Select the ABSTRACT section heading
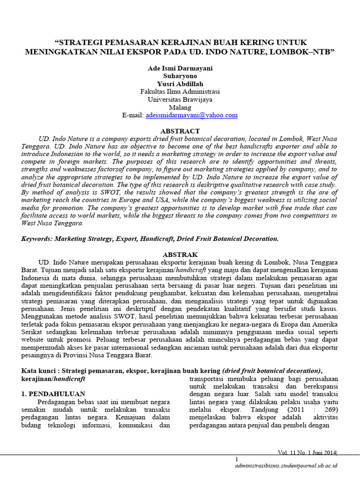[180, 131]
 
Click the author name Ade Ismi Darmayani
[180, 68]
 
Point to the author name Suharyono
[180, 75]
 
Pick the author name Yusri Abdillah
[180, 83]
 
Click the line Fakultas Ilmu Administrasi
[180, 91]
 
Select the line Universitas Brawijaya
[180, 99]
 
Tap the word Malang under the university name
[180, 107]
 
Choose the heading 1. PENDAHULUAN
[53, 394]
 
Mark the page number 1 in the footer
[237, 459]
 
